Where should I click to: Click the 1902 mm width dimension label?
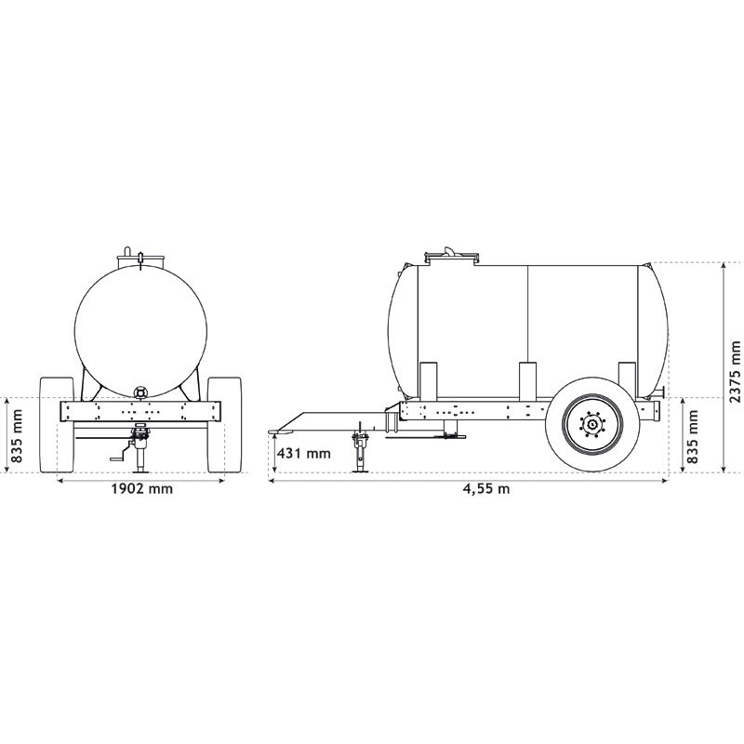142,488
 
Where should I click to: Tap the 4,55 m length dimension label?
486,489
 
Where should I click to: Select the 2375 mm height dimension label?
735,371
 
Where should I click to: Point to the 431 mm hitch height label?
304,453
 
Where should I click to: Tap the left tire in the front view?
57,425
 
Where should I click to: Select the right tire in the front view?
224,425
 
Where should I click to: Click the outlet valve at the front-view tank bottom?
140,392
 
